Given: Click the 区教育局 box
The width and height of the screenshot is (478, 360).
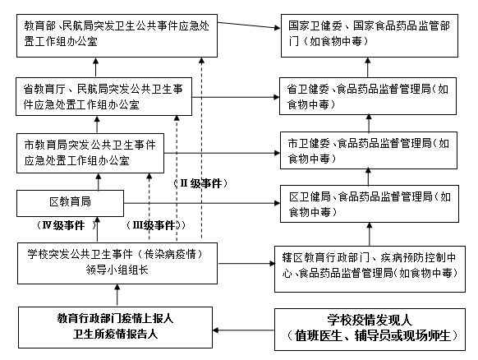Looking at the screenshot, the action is click(70, 203).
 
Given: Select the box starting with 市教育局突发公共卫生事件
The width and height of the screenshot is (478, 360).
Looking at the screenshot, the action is click(90, 153).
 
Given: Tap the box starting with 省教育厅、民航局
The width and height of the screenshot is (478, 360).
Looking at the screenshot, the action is click(104, 97).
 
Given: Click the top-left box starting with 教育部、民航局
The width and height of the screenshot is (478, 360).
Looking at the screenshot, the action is click(117, 35).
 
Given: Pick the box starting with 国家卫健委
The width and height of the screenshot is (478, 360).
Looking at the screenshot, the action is click(370, 35).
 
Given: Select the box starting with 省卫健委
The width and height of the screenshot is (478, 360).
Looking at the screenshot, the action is click(368, 96).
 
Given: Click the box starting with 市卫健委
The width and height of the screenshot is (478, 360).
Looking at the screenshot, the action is click(369, 150).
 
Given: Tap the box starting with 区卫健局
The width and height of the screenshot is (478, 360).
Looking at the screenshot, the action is click(370, 204).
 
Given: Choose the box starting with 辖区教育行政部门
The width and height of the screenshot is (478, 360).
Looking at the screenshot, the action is click(370, 269).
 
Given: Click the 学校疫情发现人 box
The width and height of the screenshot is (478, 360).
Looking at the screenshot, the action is click(370, 330).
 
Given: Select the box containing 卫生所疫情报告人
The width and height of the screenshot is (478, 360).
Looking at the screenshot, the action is click(115, 327).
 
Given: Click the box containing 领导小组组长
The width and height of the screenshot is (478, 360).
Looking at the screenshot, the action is click(117, 263).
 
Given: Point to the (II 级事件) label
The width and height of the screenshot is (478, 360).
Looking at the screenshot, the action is click(200, 183).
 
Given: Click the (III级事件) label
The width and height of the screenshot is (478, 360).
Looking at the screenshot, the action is click(155, 225).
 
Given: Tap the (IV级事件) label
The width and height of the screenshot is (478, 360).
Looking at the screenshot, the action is click(67, 225).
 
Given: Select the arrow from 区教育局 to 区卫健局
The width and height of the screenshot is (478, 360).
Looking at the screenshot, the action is click(202, 203).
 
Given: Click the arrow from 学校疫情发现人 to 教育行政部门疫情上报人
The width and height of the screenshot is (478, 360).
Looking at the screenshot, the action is click(243, 330).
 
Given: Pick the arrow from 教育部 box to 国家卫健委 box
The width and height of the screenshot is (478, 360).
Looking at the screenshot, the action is click(249, 25).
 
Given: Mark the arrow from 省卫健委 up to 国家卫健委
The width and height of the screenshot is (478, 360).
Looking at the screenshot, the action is click(368, 67).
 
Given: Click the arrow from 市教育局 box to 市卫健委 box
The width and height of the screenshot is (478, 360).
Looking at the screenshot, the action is click(222, 153).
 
